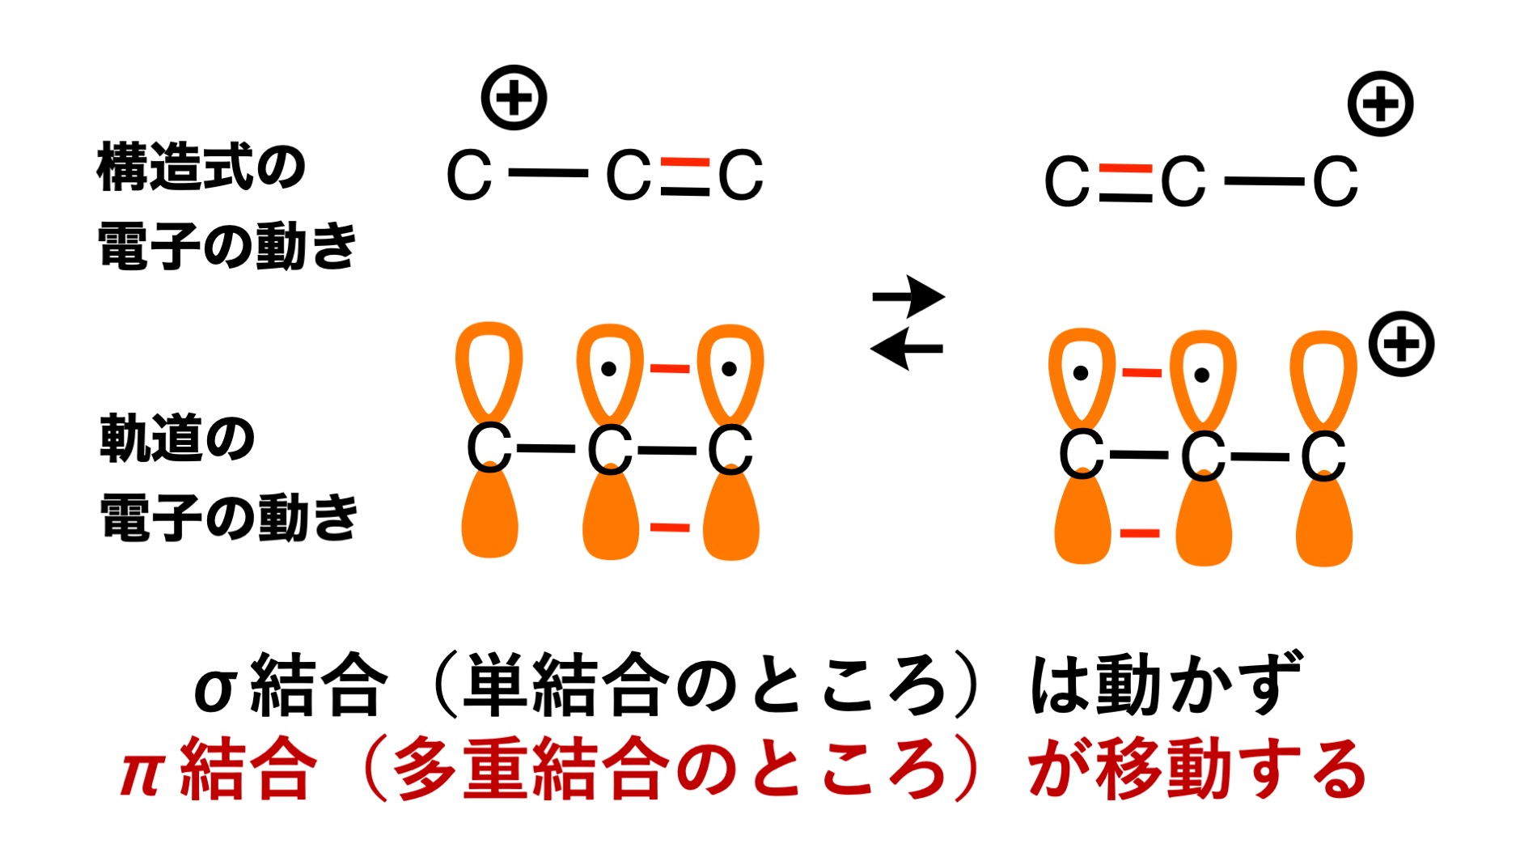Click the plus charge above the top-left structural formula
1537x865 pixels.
pos(514,98)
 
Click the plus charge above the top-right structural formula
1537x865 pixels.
pos(1380,104)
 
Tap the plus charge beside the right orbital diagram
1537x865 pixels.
pos(1401,344)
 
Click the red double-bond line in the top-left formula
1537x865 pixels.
pos(684,162)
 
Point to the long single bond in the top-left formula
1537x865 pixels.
pos(548,173)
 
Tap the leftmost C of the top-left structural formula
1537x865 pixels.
pos(469,175)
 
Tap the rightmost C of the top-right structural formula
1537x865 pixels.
pos(1335,182)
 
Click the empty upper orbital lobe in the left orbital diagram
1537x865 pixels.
pos(489,368)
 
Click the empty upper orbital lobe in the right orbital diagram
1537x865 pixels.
pos(1323,376)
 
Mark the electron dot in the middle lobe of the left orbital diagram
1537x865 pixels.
pos(609,369)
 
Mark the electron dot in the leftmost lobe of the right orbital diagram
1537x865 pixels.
pos(1080,374)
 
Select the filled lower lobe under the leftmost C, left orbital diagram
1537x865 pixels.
pos(489,518)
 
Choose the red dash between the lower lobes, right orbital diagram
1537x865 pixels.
pos(1140,533)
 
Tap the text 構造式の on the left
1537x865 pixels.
pos(201,167)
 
